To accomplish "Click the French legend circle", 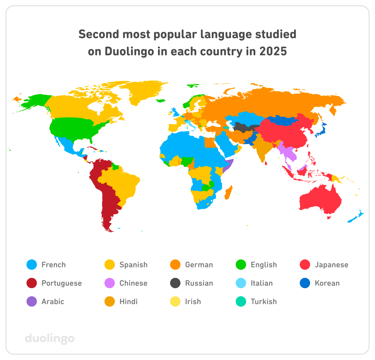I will [32, 265].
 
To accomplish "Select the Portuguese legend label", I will [62, 283].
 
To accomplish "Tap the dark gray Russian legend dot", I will [175, 283].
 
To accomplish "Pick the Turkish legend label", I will [264, 302].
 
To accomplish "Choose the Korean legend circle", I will [305, 283].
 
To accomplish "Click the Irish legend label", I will [193, 302].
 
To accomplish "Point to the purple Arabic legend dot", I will [32, 302].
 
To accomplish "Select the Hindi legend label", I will [129, 302].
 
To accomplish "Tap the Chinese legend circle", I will [110, 283].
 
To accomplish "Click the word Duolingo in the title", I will [129, 51].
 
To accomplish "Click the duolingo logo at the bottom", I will [50, 338].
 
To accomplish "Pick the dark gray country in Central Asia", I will [244, 127].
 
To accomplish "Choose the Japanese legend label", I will [331, 265].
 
